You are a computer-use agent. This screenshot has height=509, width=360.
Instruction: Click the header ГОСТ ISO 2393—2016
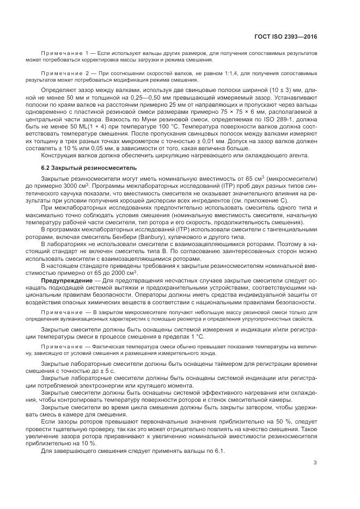pyautogui.click(x=285, y=36)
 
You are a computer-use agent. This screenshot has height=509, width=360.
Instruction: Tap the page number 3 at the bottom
pyautogui.click(x=315, y=463)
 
